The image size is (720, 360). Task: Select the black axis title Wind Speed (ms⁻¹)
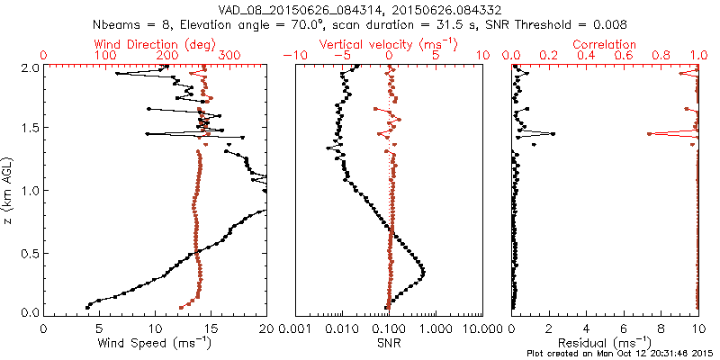click(x=156, y=343)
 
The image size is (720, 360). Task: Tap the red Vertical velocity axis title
click(x=389, y=43)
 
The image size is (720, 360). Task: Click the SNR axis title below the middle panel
click(x=389, y=343)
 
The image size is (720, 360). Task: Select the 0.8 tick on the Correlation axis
click(x=661, y=56)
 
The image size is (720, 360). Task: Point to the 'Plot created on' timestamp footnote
click(x=620, y=353)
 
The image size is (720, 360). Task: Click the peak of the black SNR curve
click(x=423, y=272)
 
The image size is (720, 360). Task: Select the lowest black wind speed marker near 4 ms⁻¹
click(x=87, y=307)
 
